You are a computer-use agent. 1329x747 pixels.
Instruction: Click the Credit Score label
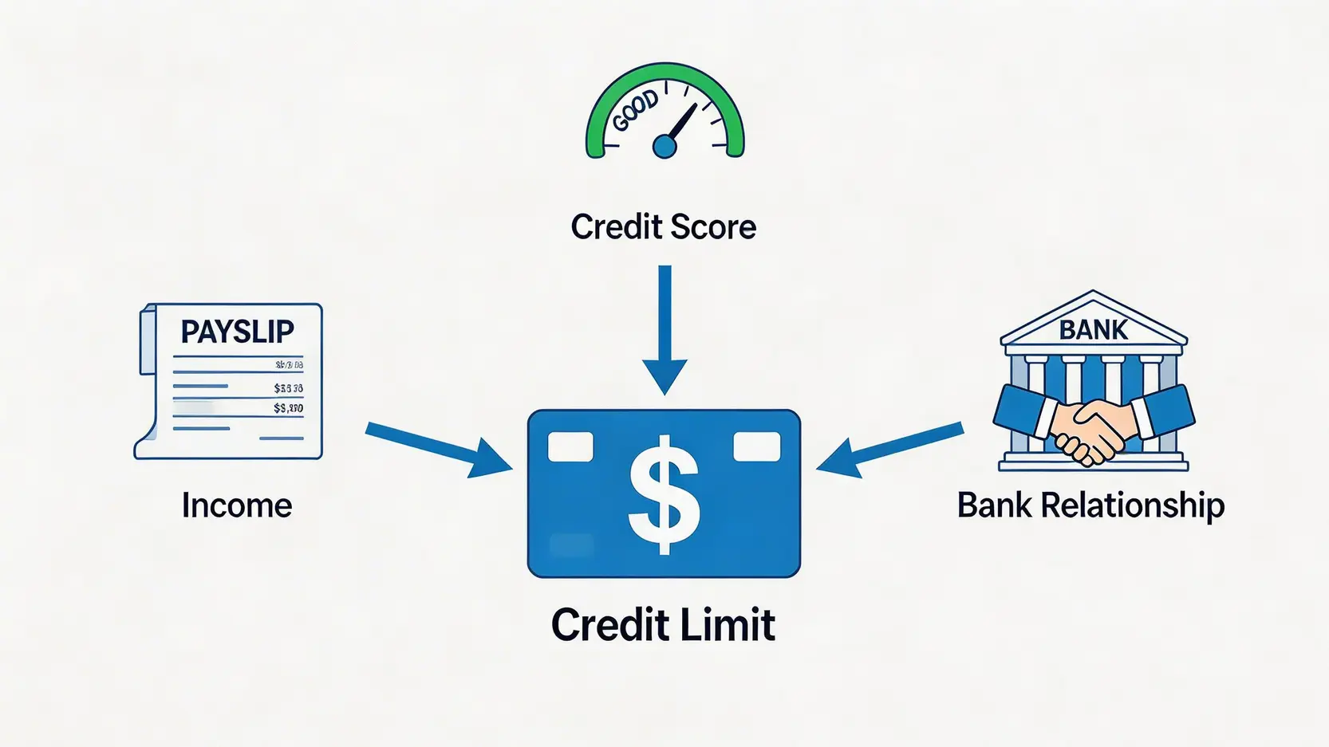[663, 227]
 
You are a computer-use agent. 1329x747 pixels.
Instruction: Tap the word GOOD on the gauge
[636, 111]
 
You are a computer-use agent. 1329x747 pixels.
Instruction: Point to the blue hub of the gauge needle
[664, 146]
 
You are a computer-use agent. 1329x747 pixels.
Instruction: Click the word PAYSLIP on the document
[237, 332]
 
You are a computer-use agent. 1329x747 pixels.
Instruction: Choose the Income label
[237, 505]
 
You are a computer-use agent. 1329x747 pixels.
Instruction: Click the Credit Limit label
[663, 624]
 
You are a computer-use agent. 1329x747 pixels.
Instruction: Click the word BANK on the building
[1093, 329]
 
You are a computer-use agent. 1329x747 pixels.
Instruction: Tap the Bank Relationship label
[1090, 505]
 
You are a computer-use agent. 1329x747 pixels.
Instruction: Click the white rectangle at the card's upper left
[570, 446]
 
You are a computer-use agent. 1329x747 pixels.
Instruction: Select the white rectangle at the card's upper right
[756, 446]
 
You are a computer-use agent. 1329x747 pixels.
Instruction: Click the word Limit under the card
[730, 624]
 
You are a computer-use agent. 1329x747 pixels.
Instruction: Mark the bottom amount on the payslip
[288, 408]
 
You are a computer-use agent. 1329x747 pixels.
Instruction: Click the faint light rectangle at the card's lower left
[571, 545]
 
